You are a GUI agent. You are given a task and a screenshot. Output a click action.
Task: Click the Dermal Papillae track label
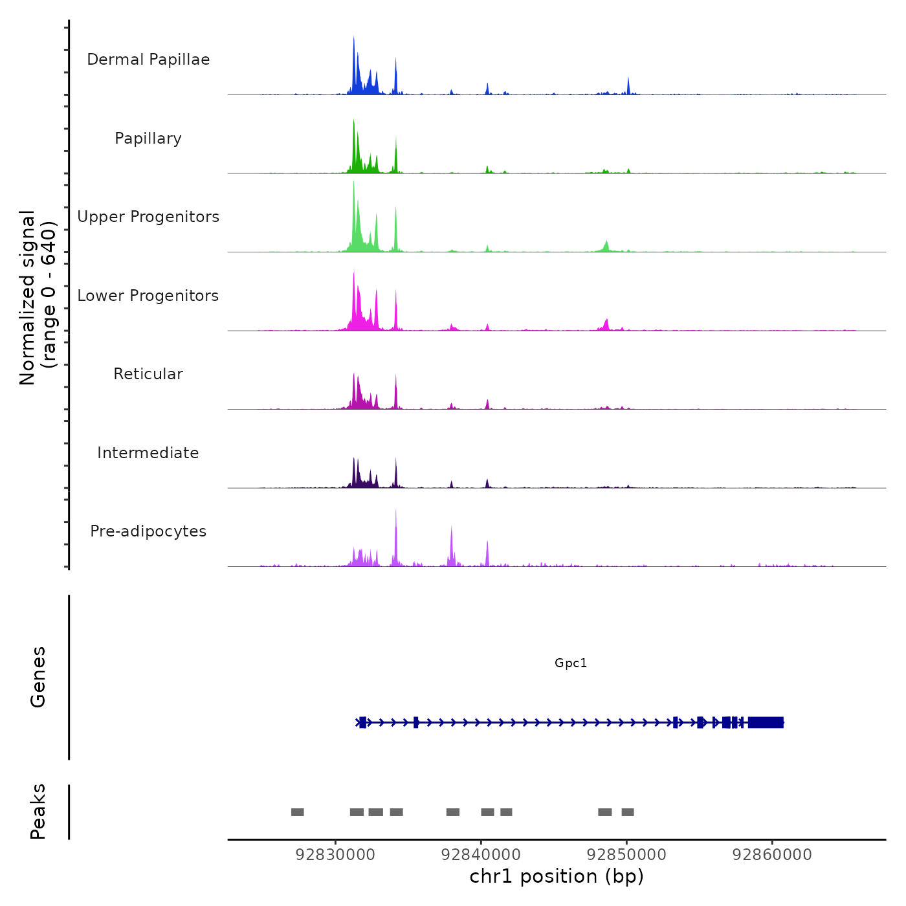coord(148,60)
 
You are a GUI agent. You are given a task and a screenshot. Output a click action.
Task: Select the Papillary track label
coord(148,138)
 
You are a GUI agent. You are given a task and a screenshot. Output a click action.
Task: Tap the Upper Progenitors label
coord(148,217)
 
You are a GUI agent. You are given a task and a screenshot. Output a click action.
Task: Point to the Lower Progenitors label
coord(148,296)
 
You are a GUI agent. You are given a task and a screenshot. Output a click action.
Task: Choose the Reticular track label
coord(148,374)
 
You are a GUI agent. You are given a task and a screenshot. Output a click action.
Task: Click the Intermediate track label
coord(148,453)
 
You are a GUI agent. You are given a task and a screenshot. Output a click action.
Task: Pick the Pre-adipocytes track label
coord(148,531)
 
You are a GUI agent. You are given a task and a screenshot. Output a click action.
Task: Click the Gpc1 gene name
coord(571,663)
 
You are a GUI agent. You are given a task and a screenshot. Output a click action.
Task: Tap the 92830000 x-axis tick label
coord(335,854)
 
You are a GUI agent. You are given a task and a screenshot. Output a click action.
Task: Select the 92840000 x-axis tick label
coord(481,854)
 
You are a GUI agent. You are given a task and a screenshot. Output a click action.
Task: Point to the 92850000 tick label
coord(626,854)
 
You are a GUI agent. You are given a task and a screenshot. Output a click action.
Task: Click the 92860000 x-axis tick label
coord(772,854)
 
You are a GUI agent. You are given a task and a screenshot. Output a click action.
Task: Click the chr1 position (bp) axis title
coord(557,876)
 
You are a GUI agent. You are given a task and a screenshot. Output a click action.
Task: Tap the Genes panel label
coord(38,677)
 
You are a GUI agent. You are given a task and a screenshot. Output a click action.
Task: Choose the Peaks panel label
coord(38,812)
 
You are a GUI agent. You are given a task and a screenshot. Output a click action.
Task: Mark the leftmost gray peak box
coord(298,812)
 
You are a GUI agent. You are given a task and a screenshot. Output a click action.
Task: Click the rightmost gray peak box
coord(628,812)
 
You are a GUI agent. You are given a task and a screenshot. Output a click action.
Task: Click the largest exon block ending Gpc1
coord(766,722)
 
